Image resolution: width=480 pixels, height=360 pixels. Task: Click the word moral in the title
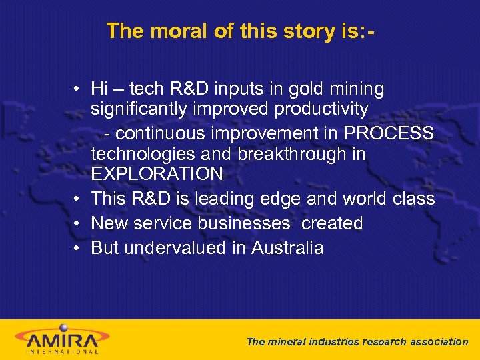176,31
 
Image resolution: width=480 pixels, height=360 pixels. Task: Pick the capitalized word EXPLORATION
157,174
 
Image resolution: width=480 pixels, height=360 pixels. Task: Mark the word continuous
161,133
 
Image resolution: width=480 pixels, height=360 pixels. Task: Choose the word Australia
287,248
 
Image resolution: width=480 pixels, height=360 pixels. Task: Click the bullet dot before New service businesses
78,224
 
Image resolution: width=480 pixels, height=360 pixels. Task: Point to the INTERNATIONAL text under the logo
63,351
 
